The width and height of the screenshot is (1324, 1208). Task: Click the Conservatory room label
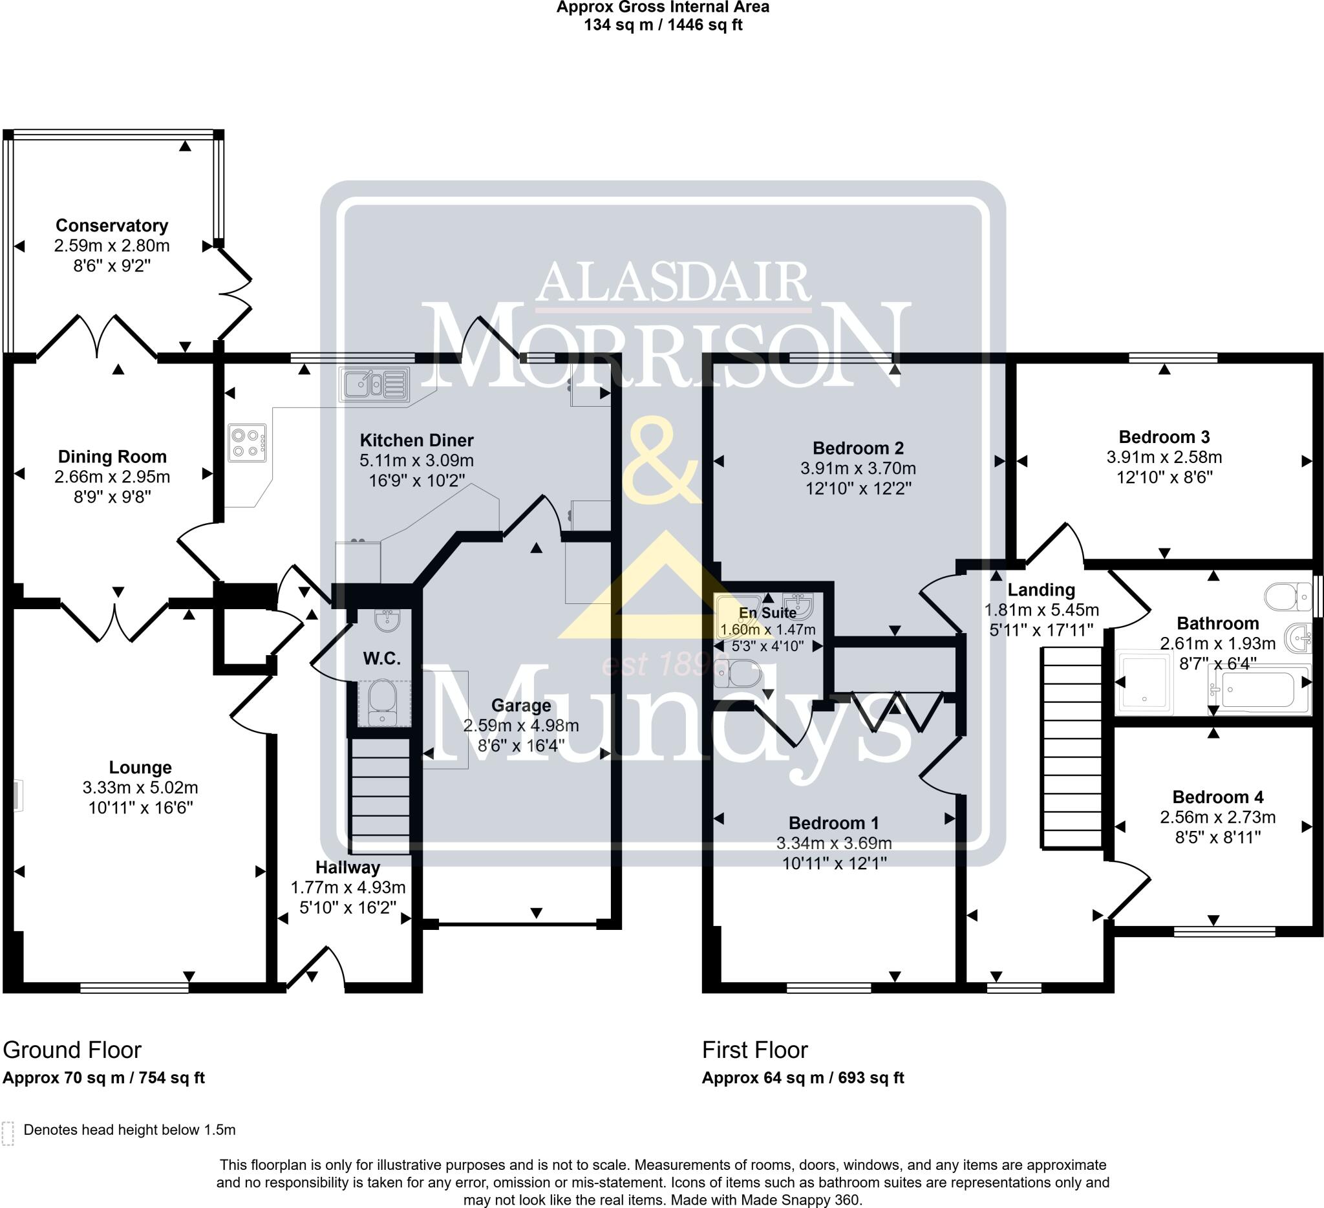coord(112,225)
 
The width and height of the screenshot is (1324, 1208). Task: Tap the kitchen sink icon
coord(374,383)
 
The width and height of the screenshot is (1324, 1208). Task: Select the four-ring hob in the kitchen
coord(248,442)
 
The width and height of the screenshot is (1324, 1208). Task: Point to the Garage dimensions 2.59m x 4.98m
coord(521,725)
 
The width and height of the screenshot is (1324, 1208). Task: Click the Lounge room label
coord(140,767)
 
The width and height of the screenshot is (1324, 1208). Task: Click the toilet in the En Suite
coord(740,674)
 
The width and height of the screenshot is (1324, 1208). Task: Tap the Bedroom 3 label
coord(1164,437)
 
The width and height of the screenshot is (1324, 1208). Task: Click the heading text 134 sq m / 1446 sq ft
coord(663,25)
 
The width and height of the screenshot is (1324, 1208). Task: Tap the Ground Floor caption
coord(72,1050)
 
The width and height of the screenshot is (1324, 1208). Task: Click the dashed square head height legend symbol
coord(8,1134)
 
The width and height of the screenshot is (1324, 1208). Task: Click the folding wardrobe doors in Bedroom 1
coord(897,710)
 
